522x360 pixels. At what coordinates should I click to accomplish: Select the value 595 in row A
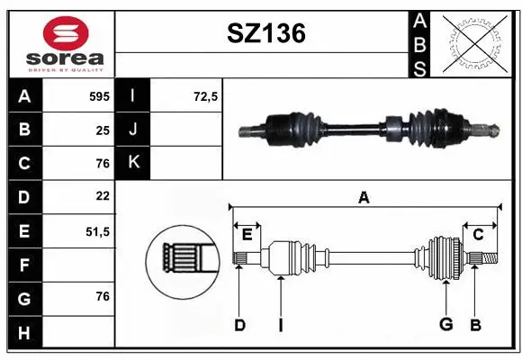pyautogui.click(x=97, y=96)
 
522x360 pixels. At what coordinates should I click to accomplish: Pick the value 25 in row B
pyautogui.click(x=102, y=130)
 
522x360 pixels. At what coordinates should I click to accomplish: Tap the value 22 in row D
pyautogui.click(x=102, y=196)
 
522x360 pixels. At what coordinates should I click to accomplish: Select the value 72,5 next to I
pyautogui.click(x=206, y=96)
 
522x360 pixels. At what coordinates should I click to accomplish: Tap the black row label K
pyautogui.click(x=133, y=163)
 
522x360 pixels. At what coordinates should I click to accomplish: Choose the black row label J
pyautogui.click(x=133, y=130)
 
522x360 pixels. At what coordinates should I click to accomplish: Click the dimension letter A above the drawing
pyautogui.click(x=364, y=198)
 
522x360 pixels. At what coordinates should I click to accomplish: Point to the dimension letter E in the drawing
pyautogui.click(x=247, y=234)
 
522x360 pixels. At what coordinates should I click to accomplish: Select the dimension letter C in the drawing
pyautogui.click(x=479, y=234)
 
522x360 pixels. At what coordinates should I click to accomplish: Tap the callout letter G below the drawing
pyautogui.click(x=445, y=325)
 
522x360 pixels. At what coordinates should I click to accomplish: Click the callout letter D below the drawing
pyautogui.click(x=239, y=325)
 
